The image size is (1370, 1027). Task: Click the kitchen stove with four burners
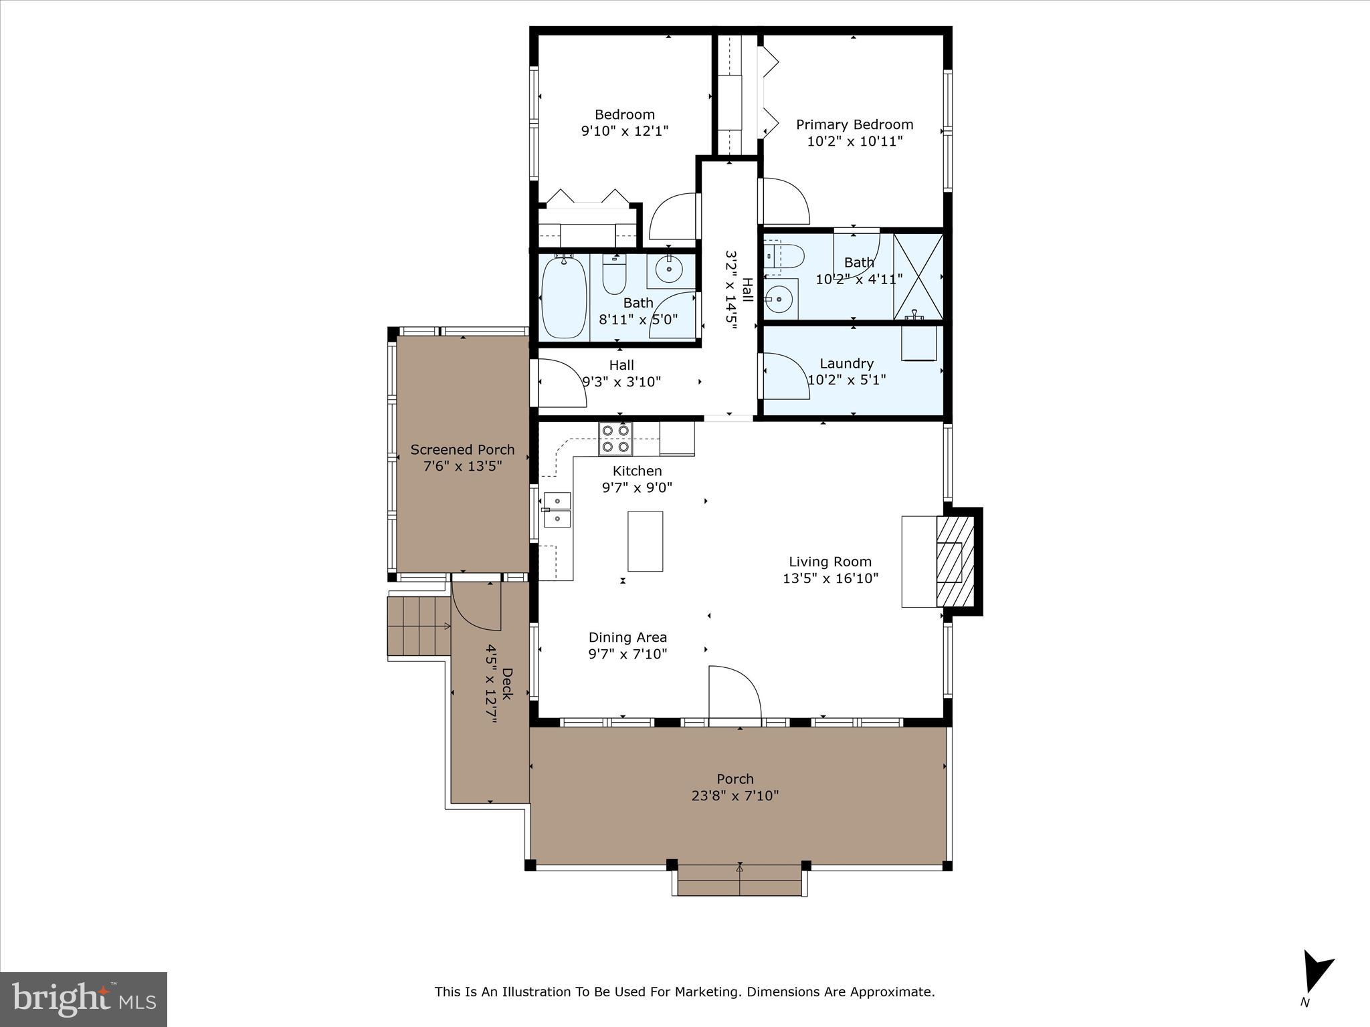click(x=615, y=439)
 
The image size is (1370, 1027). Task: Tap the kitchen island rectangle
click(x=645, y=541)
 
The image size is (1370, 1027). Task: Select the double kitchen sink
click(x=557, y=509)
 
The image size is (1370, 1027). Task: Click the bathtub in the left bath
click(x=564, y=298)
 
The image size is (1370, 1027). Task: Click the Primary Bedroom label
click(x=854, y=124)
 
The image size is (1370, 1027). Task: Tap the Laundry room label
click(x=846, y=363)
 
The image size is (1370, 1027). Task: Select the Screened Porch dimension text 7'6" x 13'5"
click(x=462, y=466)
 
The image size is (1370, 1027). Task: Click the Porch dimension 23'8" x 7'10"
click(x=735, y=796)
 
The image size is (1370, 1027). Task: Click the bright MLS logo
click(x=84, y=999)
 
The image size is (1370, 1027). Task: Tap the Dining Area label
click(x=627, y=637)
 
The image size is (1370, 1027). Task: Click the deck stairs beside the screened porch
click(x=419, y=626)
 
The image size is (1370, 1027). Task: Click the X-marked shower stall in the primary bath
click(x=918, y=276)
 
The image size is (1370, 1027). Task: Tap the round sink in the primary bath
click(x=778, y=300)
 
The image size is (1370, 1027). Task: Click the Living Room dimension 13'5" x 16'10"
click(x=830, y=578)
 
